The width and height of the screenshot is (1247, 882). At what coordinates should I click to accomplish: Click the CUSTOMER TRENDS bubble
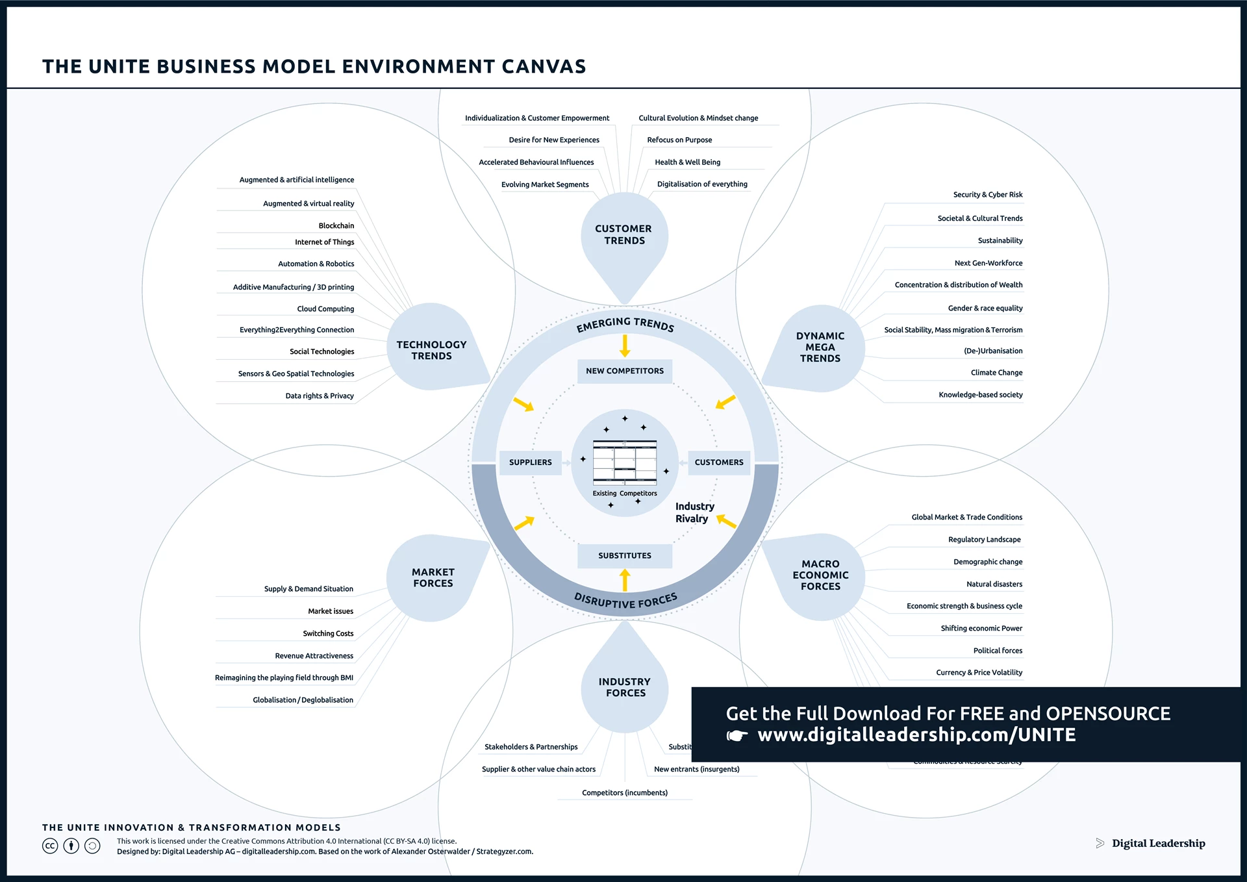(x=623, y=234)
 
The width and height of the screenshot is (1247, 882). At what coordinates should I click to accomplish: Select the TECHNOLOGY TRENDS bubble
(x=431, y=350)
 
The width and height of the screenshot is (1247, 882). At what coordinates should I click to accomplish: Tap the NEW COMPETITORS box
(x=625, y=371)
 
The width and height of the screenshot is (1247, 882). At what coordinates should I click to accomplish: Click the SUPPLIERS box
(x=530, y=462)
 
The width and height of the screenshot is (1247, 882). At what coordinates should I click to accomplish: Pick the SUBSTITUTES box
(x=625, y=556)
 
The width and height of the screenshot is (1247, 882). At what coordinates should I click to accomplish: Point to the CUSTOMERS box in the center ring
(x=719, y=462)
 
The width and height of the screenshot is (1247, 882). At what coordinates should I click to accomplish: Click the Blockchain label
(x=336, y=226)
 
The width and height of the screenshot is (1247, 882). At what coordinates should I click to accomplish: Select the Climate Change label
(x=996, y=373)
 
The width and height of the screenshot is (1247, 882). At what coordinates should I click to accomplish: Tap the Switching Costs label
(x=328, y=634)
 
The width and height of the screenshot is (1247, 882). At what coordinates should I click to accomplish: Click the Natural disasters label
(x=994, y=585)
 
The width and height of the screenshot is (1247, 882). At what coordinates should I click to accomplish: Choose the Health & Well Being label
(x=687, y=162)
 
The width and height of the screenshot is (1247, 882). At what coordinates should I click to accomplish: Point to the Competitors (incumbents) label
(x=625, y=793)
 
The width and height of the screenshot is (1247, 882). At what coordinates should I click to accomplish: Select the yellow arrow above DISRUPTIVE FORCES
(x=625, y=580)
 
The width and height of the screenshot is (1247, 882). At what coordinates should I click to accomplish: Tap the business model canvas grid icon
(x=625, y=463)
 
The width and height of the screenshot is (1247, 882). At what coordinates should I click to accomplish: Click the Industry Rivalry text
(x=694, y=512)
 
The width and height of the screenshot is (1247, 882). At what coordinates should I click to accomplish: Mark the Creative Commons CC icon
(x=50, y=846)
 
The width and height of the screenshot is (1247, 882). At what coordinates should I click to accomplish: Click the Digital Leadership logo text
(x=1158, y=844)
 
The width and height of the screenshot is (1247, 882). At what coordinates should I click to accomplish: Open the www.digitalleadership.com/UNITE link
(x=916, y=735)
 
